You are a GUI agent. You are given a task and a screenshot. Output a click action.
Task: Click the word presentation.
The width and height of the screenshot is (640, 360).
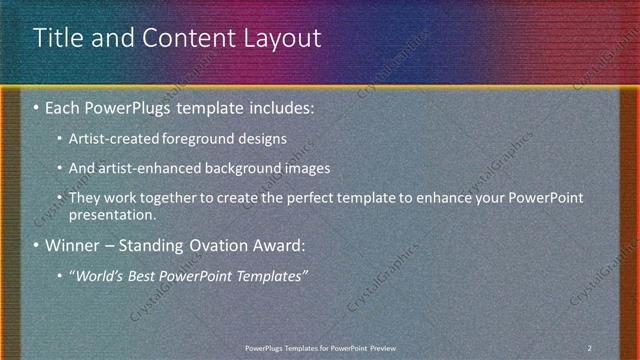(x=112, y=215)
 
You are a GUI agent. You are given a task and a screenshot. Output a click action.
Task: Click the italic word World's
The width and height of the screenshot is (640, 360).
(x=99, y=275)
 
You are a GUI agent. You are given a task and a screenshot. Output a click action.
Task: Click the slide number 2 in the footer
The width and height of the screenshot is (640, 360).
(x=589, y=347)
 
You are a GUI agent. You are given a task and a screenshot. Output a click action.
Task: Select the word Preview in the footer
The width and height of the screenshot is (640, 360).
(x=390, y=347)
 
